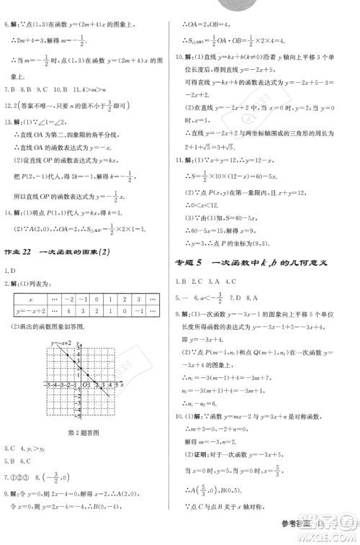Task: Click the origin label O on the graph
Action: (84, 387)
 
